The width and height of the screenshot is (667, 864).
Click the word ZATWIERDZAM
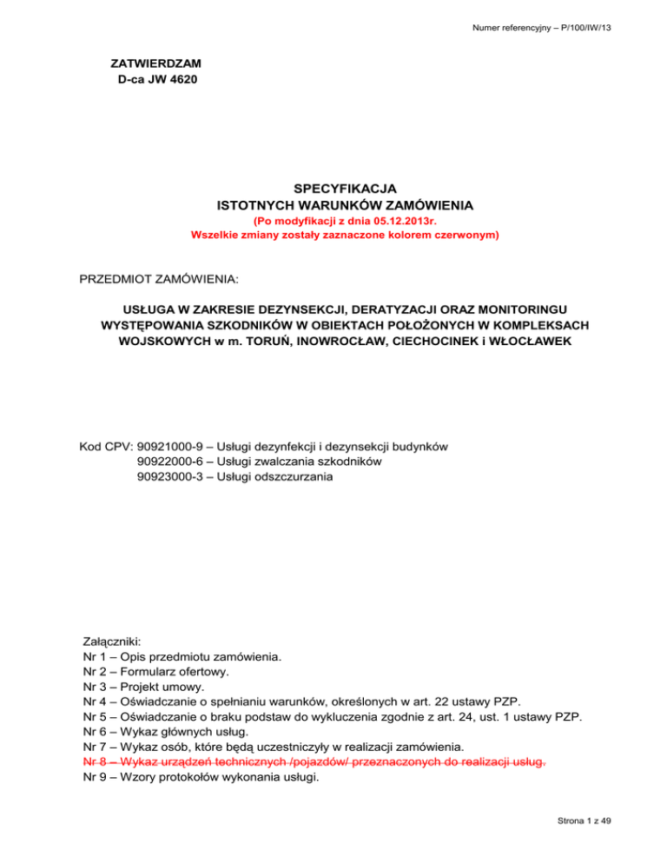point(153,64)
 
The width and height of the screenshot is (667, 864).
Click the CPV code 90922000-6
point(176,461)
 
